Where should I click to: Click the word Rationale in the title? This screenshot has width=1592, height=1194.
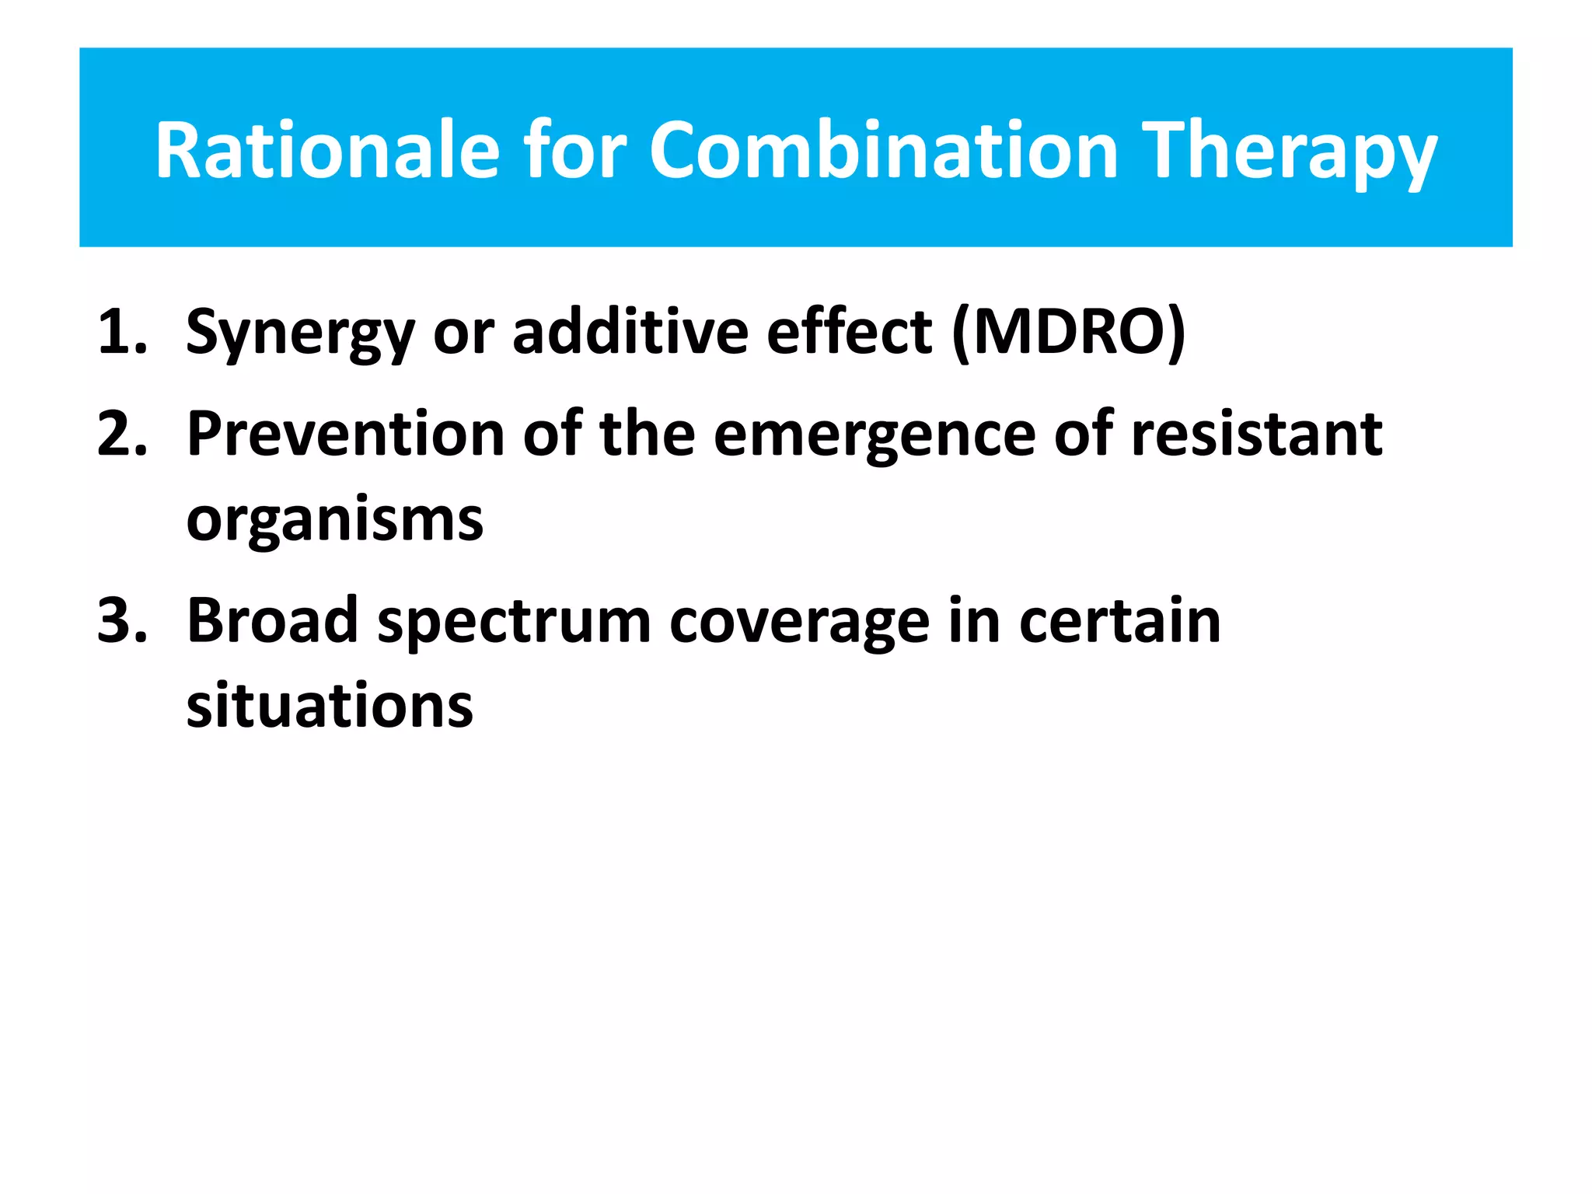[327, 151]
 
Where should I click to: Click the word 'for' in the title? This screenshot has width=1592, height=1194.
[574, 151]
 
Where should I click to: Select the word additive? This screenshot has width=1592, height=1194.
[630, 333]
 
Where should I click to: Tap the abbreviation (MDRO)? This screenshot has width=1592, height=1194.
[1069, 333]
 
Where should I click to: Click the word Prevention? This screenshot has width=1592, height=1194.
[346, 434]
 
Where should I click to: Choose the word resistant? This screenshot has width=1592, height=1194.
[1256, 434]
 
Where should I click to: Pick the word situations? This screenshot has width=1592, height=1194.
[330, 706]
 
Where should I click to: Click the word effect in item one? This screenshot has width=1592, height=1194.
[849, 333]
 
